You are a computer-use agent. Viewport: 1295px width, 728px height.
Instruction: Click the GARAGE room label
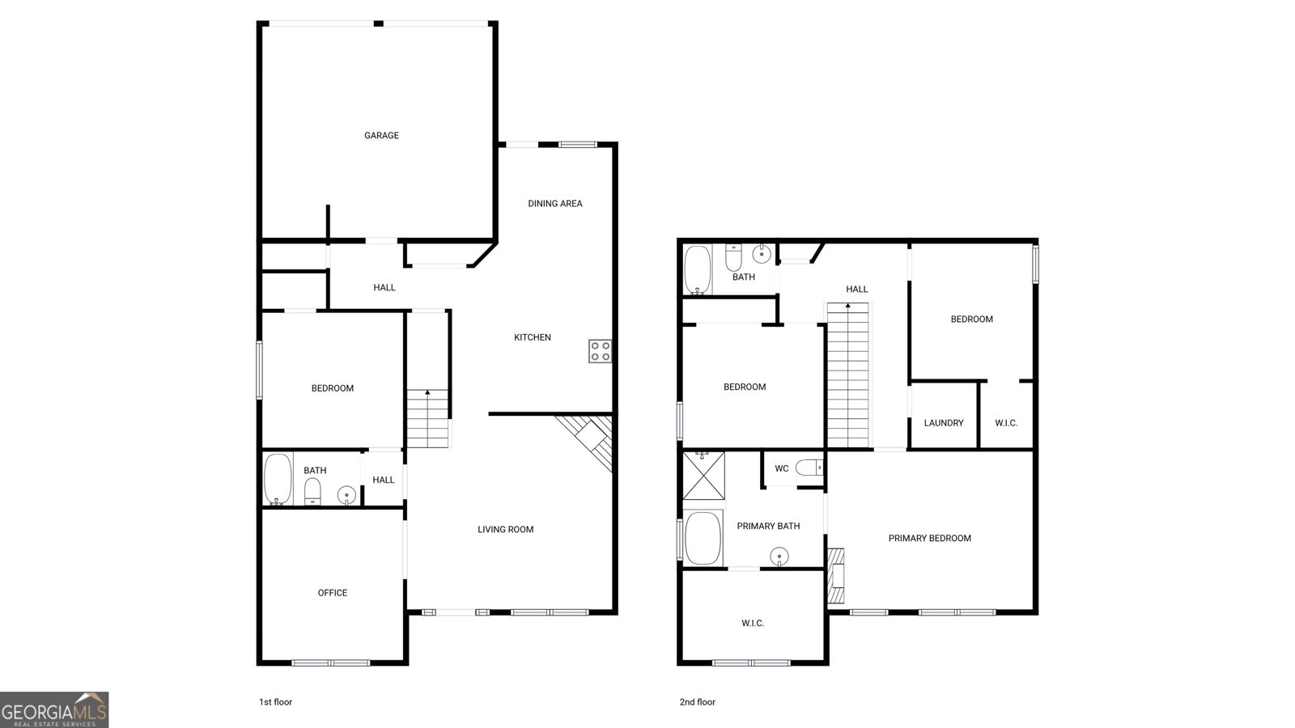[x=381, y=135]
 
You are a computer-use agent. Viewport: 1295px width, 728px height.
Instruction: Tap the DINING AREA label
[x=555, y=203]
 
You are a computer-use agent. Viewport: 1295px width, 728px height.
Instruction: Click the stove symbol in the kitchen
[x=600, y=351]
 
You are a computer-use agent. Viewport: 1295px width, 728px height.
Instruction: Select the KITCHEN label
[x=533, y=337]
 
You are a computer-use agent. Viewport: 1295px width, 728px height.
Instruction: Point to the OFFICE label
[x=333, y=593]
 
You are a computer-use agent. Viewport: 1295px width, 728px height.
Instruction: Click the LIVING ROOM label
[x=505, y=529]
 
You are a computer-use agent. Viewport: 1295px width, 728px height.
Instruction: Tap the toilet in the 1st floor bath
[x=312, y=492]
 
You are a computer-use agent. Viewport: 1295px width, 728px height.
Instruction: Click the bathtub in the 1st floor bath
[x=278, y=480]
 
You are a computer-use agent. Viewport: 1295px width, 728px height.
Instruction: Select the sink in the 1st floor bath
[x=346, y=495]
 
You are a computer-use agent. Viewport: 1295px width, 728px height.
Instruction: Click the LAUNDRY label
[x=944, y=423]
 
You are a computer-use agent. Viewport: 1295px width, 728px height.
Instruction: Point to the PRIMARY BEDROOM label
[x=930, y=539]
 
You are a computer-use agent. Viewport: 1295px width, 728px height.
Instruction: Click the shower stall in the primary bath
[x=703, y=476]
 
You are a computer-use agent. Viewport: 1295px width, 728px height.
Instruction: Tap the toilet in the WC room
[x=809, y=468]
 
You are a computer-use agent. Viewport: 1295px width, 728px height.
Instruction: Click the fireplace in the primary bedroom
[x=836, y=576]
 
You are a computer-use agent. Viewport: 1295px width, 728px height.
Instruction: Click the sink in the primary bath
[x=779, y=557]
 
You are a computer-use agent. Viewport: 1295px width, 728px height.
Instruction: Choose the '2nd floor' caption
[x=697, y=702]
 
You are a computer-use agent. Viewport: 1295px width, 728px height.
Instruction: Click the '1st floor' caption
[x=275, y=702]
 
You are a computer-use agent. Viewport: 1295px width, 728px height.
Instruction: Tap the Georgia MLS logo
[x=54, y=710]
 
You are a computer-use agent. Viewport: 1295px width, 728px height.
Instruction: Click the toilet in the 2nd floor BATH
[x=733, y=258]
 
